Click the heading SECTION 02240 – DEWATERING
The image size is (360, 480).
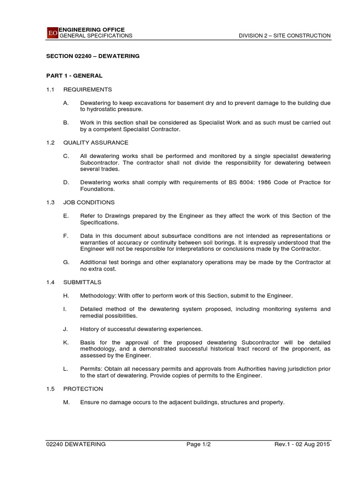93,56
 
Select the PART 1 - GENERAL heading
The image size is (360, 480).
75,75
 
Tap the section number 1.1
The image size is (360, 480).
51,90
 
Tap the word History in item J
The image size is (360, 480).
89,329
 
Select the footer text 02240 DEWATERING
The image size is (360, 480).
76,444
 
